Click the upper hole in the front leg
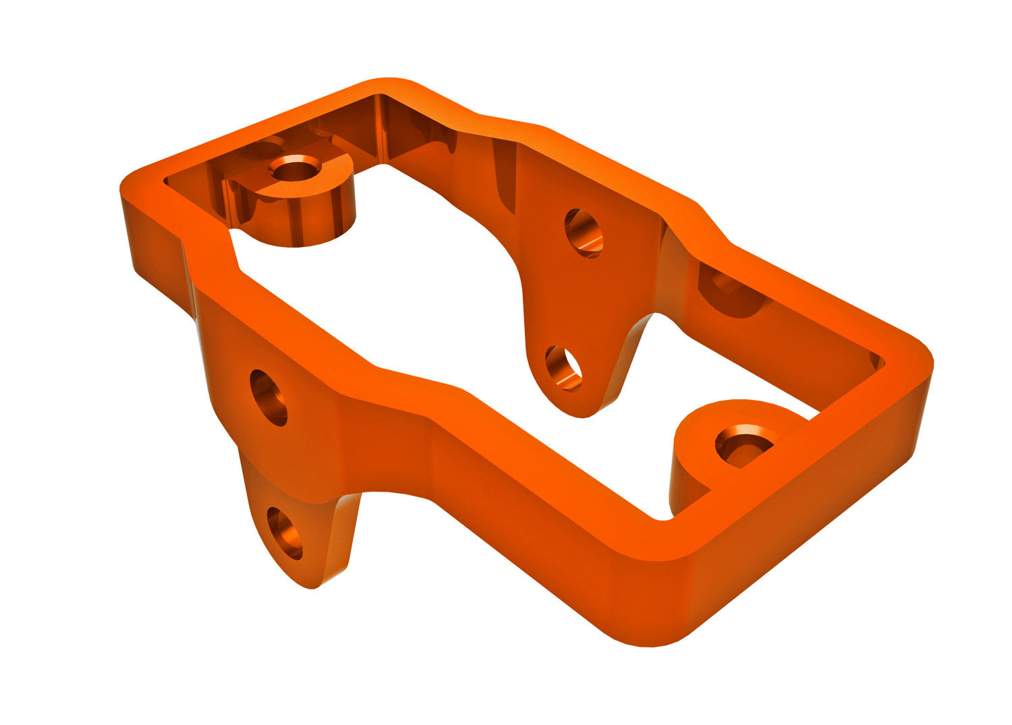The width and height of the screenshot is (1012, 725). click(269, 398)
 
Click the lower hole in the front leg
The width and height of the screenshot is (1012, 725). click(285, 533)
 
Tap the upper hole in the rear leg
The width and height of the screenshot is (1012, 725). click(584, 233)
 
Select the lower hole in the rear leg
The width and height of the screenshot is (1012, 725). click(563, 368)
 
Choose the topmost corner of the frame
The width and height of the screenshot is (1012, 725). click(388, 84)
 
